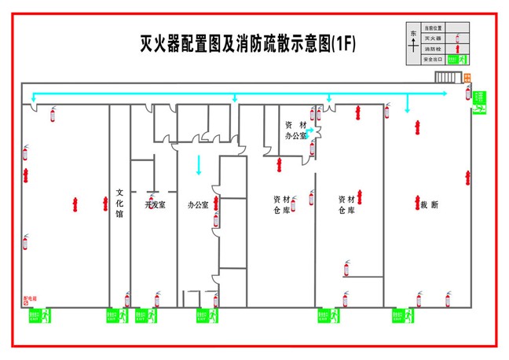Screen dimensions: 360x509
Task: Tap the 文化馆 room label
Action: (x=119, y=203)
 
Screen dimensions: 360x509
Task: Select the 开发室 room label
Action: (x=155, y=204)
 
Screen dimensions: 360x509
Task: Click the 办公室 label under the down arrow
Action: (x=198, y=204)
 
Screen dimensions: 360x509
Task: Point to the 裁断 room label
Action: (x=429, y=204)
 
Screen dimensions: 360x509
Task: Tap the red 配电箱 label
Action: (x=31, y=299)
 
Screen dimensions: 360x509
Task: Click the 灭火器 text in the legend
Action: (x=433, y=38)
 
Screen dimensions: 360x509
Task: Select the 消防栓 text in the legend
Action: (x=433, y=49)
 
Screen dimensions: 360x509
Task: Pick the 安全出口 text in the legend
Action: (x=433, y=59)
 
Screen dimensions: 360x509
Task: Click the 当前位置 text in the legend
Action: (x=433, y=28)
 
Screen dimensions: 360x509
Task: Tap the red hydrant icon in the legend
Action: (x=458, y=49)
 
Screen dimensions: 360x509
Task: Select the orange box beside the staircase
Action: (x=467, y=77)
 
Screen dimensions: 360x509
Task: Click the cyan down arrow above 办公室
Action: (x=199, y=166)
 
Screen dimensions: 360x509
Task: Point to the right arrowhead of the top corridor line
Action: (x=445, y=94)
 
